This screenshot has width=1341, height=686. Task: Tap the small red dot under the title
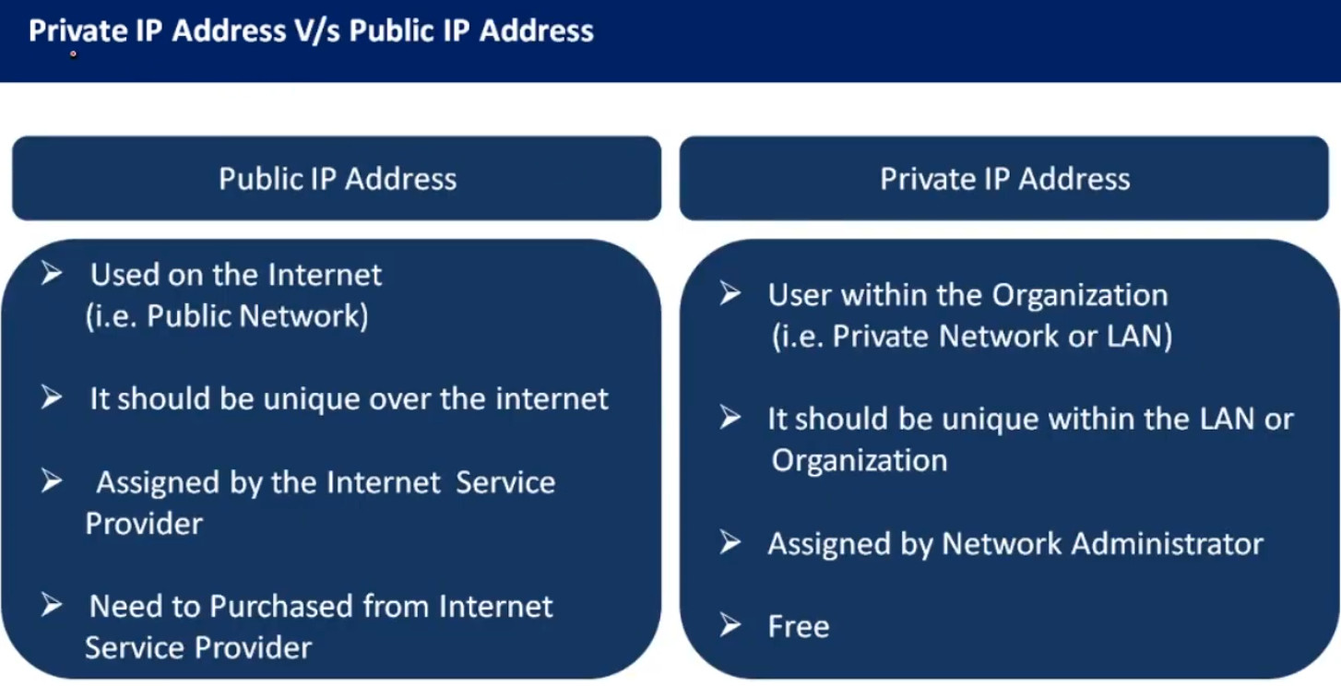tap(73, 54)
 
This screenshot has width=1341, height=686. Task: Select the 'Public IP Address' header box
tap(337, 178)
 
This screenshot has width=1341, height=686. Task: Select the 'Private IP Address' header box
tap(1004, 178)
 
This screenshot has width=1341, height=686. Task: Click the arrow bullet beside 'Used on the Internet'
tap(52, 274)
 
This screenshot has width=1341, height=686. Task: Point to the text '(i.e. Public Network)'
tap(227, 316)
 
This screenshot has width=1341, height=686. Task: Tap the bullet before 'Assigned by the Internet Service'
tap(52, 481)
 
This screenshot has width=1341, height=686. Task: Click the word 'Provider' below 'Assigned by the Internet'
tap(144, 524)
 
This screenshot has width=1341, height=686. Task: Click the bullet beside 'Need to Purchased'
tap(52, 606)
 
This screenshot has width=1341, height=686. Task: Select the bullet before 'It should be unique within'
tap(730, 419)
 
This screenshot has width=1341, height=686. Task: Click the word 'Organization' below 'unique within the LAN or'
tap(859, 460)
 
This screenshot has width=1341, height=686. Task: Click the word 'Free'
tap(799, 626)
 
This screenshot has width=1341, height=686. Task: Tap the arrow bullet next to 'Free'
tap(730, 626)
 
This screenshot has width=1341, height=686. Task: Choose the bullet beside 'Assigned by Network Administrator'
tap(730, 543)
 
